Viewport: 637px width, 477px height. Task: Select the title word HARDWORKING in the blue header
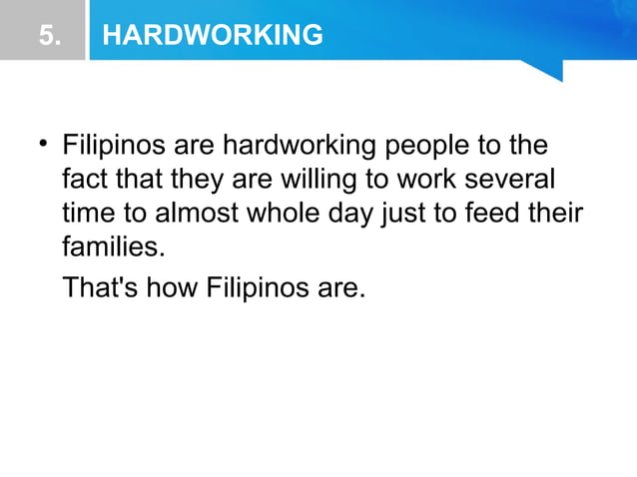point(213,36)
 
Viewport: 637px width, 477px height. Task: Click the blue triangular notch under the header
point(547,69)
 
